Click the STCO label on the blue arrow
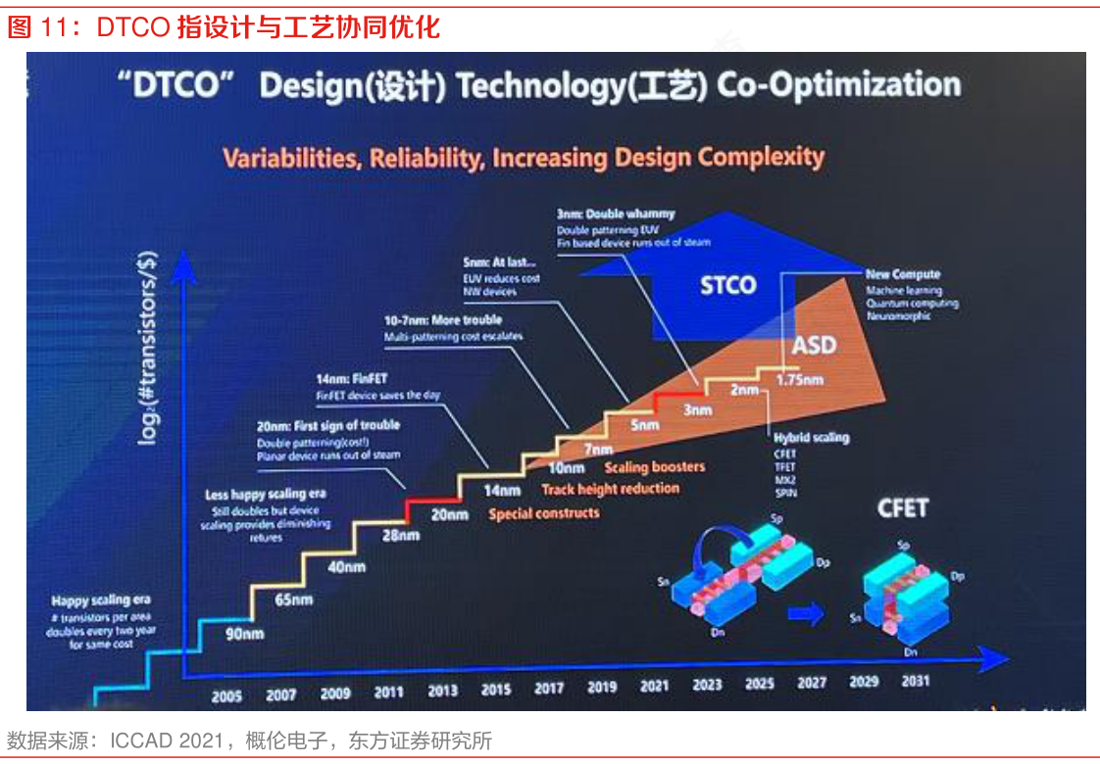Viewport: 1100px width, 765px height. pos(728,286)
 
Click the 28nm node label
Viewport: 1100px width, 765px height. pos(399,536)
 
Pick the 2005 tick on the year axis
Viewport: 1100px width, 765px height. pos(227,696)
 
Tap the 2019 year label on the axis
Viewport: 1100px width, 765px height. pos(601,688)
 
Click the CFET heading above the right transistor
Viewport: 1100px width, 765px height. pos(902,507)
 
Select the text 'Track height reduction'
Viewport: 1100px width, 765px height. pos(610,489)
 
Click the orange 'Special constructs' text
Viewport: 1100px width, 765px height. pos(543,512)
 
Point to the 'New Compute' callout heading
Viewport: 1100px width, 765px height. pos(903,275)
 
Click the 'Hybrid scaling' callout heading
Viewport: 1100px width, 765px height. pos(812,438)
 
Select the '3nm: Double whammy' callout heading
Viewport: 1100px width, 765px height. pos(616,215)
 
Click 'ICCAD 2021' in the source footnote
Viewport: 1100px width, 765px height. pos(166,741)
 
